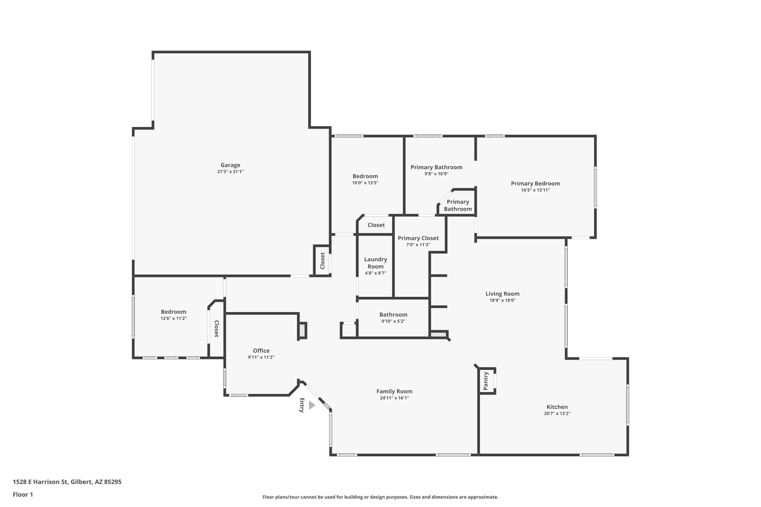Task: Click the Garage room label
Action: point(230,165)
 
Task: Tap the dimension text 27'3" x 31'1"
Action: point(230,172)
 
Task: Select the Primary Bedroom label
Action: point(535,183)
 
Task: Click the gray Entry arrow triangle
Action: point(311,405)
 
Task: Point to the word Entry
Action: point(302,405)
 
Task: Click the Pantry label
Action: point(486,381)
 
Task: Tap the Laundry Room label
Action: point(375,263)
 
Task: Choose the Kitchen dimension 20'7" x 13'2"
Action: point(557,413)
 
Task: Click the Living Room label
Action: point(502,294)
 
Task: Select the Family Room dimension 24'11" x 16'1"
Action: point(394,398)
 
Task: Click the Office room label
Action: point(261,351)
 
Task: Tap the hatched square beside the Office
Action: point(302,330)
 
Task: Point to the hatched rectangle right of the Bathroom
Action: point(438,334)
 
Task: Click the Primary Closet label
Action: point(418,238)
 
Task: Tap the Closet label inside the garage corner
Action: point(323,261)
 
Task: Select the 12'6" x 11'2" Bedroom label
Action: point(174,312)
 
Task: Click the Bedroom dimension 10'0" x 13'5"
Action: point(365,183)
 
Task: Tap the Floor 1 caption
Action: point(23,494)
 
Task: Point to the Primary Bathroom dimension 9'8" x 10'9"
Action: point(436,174)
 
